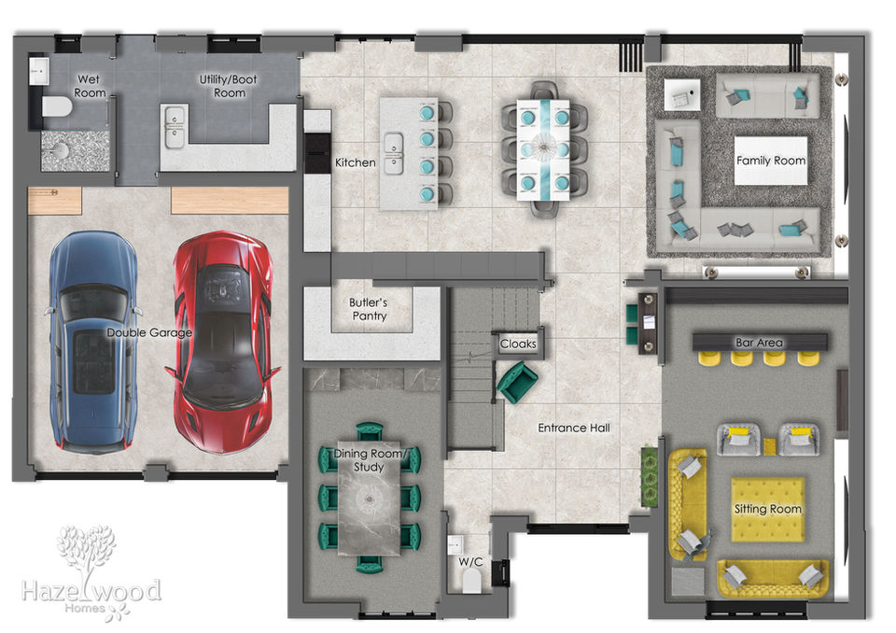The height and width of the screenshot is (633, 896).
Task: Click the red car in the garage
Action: (223, 342)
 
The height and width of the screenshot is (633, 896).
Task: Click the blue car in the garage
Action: (93, 341)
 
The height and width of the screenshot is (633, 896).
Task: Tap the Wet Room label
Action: (90, 86)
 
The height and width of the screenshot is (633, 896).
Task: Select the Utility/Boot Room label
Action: (229, 86)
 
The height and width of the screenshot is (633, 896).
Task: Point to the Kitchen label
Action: (355, 163)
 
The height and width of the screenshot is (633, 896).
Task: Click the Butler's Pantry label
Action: (369, 309)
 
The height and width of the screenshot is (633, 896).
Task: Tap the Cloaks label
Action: (518, 344)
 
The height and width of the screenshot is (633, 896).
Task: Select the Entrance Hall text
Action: (574, 428)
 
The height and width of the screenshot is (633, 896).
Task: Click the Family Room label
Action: (771, 161)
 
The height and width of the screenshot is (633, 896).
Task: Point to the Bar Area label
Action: (759, 343)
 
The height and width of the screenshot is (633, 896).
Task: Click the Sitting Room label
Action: (767, 509)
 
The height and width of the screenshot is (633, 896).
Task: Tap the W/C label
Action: (470, 562)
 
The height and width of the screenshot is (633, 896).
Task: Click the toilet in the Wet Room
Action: (57, 106)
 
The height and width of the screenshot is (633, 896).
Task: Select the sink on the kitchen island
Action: (394, 153)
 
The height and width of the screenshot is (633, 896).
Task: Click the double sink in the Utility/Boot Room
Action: (175, 126)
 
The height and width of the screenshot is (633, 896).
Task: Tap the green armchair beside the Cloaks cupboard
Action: (516, 382)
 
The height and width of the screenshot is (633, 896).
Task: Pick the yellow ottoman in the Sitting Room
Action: (767, 510)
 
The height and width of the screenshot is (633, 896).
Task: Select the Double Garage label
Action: (149, 332)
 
